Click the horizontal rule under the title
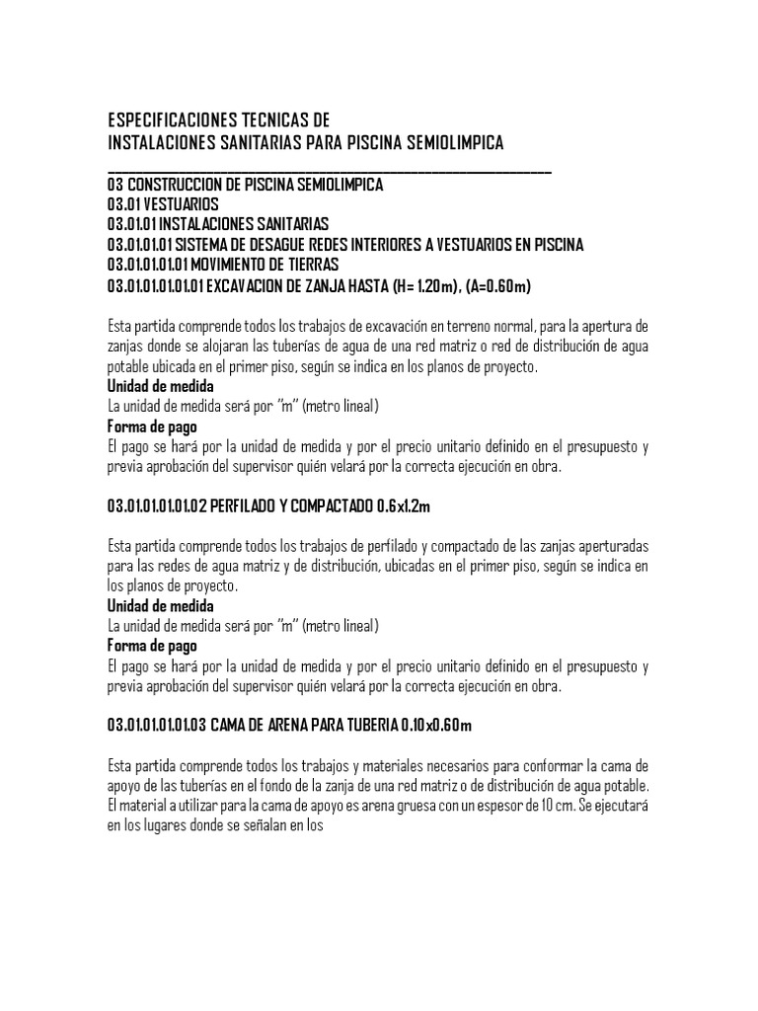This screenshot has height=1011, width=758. pyautogui.click(x=329, y=172)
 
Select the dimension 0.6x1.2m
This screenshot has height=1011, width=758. pyautogui.click(x=405, y=506)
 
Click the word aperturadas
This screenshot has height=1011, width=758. pyautogui.click(x=600, y=547)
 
